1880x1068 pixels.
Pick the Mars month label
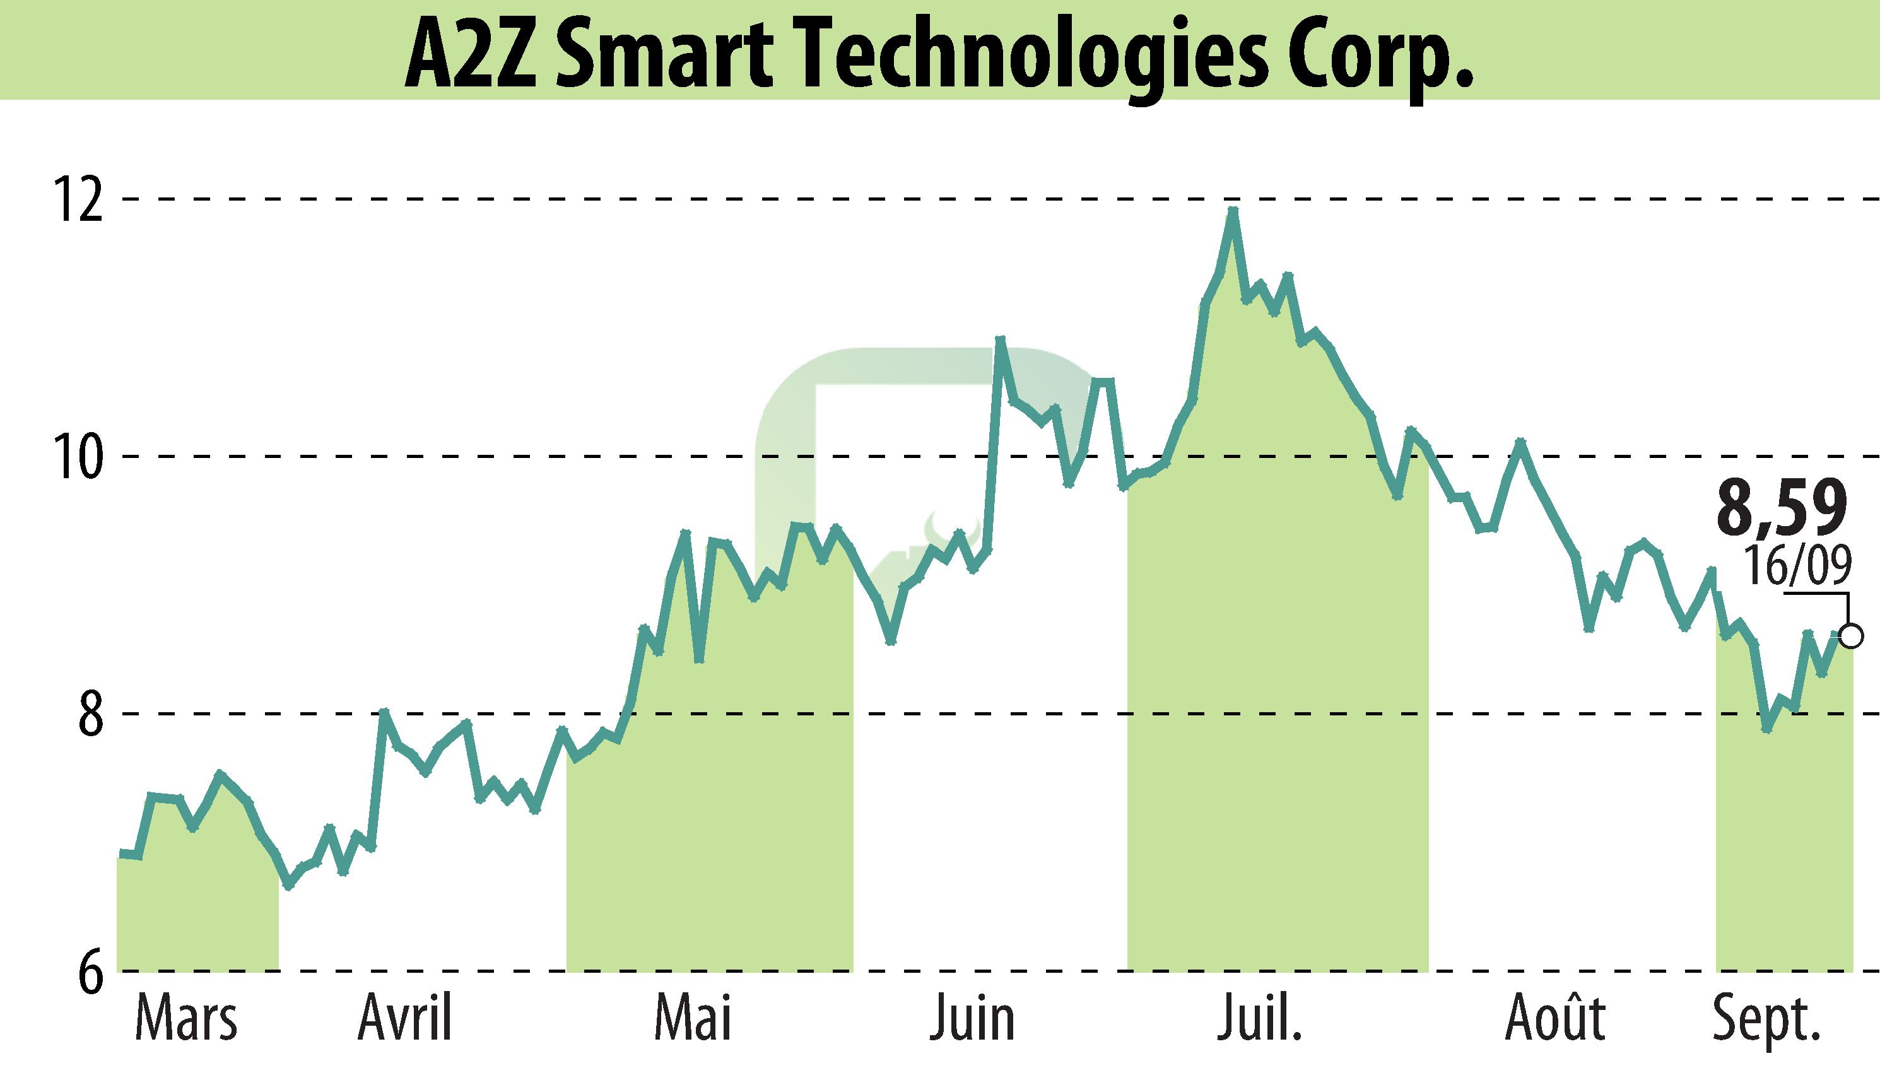(x=186, y=1019)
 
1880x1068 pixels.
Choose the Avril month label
(x=405, y=1019)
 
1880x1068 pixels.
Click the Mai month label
(x=693, y=1019)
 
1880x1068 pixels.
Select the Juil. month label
(x=1259, y=1019)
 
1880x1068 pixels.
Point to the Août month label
(x=1555, y=1019)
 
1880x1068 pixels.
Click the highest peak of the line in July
(x=1233, y=211)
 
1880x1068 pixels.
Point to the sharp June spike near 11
(x=999, y=339)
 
